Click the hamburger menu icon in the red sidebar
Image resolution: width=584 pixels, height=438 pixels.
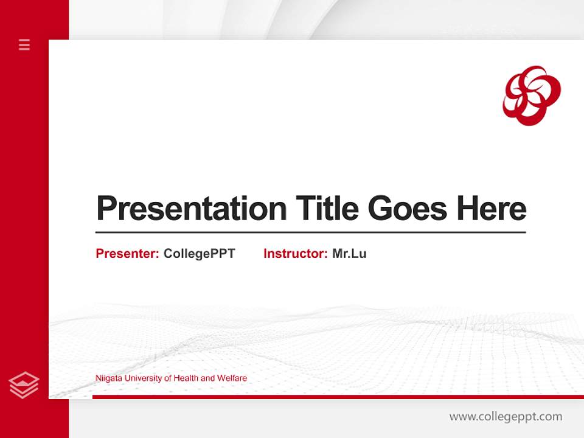tap(24, 44)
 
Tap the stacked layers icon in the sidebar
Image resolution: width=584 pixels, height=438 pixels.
tap(24, 385)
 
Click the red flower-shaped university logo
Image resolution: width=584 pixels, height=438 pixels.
tap(531, 96)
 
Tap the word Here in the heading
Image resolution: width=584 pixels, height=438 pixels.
tap(492, 208)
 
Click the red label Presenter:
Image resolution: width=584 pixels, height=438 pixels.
tap(127, 254)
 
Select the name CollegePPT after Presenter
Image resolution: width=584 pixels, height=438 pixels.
tap(199, 254)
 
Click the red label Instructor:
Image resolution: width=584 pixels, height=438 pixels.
tap(295, 254)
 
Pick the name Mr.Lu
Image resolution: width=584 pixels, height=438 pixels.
tap(349, 254)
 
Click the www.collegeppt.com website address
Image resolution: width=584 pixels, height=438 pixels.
tap(506, 417)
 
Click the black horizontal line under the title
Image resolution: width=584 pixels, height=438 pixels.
tap(310, 232)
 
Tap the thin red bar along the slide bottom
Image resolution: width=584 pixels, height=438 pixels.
tap(335, 397)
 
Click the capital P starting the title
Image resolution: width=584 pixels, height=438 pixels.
tap(106, 208)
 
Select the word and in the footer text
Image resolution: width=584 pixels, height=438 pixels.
tap(207, 378)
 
